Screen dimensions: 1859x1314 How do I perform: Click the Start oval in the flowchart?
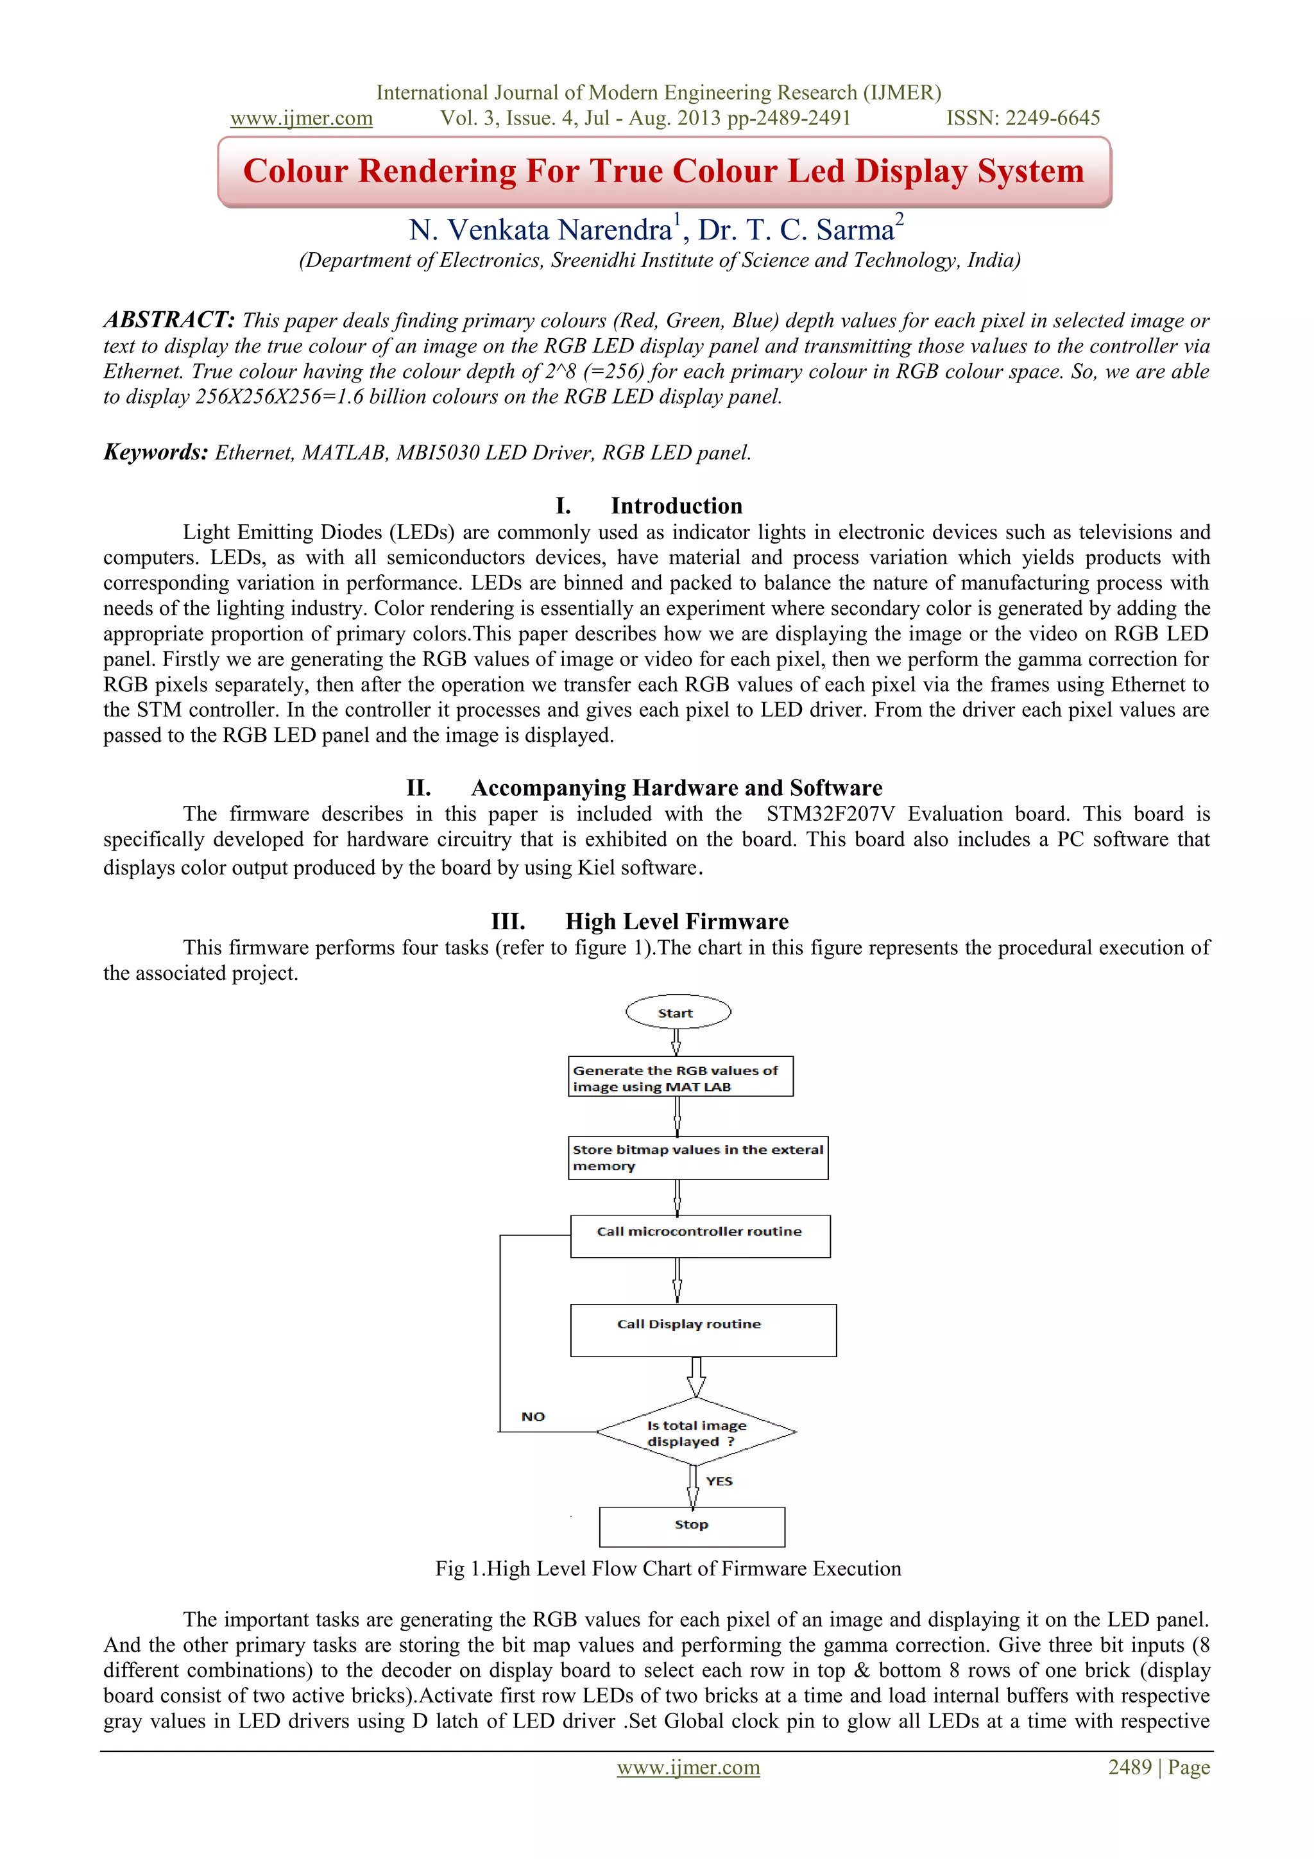coord(678,1012)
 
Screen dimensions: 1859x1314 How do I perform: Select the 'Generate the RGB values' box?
coord(680,1076)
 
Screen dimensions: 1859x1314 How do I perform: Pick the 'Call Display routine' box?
coord(703,1330)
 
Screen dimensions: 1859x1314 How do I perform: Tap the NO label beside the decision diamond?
coord(533,1416)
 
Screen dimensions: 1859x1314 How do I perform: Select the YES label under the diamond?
coord(719,1481)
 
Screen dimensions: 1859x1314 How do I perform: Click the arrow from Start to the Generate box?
coord(676,1041)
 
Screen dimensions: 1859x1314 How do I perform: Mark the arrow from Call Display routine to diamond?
coord(695,1376)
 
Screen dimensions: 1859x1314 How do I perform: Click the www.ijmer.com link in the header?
coord(301,118)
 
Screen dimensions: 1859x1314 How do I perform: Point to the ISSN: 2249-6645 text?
coord(1023,118)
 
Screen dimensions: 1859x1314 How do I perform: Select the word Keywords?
coord(155,452)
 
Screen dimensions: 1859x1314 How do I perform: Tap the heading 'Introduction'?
coord(676,506)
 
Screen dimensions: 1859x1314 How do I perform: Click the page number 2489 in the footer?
coord(1129,1767)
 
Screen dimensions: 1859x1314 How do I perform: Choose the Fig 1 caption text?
coord(668,1568)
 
